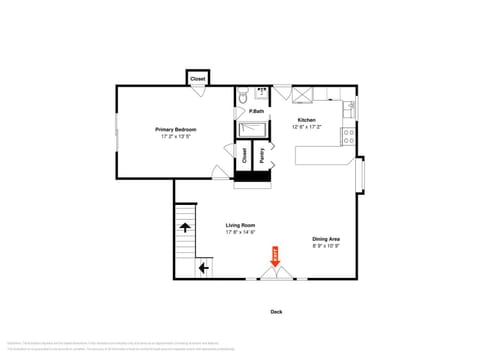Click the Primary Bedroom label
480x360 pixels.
(x=175, y=129)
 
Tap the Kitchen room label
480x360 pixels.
(x=306, y=120)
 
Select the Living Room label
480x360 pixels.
(x=240, y=225)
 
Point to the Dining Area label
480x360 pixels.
(x=326, y=238)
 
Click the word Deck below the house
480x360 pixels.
(x=276, y=311)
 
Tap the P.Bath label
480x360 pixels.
(x=257, y=111)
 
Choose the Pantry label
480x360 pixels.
(x=261, y=155)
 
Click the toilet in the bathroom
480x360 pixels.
(x=244, y=97)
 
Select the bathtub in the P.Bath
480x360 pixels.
(x=254, y=128)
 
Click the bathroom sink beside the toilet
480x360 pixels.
(x=263, y=94)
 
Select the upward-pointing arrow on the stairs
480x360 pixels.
(x=186, y=228)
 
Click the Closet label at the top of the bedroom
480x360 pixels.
(x=198, y=78)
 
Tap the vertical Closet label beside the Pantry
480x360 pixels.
(x=245, y=155)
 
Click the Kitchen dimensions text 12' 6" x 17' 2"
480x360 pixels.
(x=306, y=127)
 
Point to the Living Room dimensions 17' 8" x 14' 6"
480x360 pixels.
(x=240, y=232)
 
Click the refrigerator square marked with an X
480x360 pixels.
(x=304, y=94)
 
